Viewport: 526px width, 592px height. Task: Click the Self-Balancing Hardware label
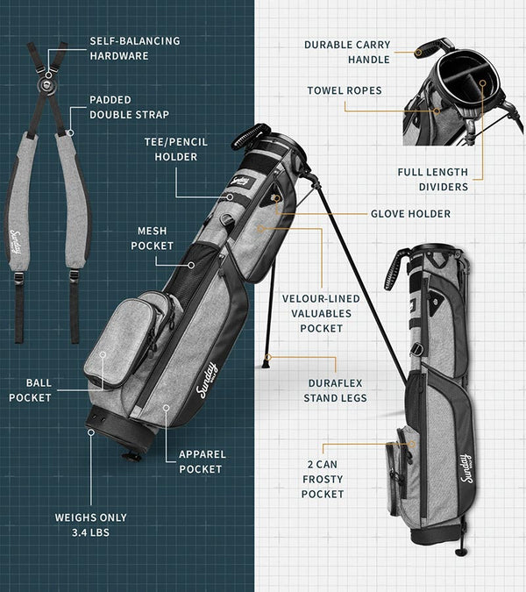tap(135, 48)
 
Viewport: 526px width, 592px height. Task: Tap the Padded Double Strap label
tap(129, 107)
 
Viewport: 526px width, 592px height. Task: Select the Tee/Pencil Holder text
tap(176, 149)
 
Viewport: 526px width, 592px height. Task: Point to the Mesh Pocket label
tap(152, 239)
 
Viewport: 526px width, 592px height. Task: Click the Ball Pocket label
tap(30, 390)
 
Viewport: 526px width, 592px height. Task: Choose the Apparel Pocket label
tap(203, 461)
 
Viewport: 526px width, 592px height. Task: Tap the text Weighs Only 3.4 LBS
tap(91, 524)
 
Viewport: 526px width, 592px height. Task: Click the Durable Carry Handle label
tap(347, 52)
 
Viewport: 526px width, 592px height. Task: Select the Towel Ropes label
tap(345, 90)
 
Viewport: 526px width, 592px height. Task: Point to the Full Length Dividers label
tap(433, 179)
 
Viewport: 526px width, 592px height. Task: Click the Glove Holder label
tap(410, 214)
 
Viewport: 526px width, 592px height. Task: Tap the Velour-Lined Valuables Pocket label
tap(321, 313)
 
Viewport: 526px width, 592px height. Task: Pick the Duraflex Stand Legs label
tap(335, 390)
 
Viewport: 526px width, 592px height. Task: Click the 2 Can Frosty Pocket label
tap(323, 479)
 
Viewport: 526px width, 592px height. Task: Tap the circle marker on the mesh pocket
tap(191, 265)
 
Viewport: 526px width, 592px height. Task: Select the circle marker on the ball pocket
tap(103, 354)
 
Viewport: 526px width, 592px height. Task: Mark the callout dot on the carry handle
tap(418, 53)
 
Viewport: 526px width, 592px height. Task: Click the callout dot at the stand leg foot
tap(268, 357)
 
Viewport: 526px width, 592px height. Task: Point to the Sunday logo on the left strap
tap(17, 242)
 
